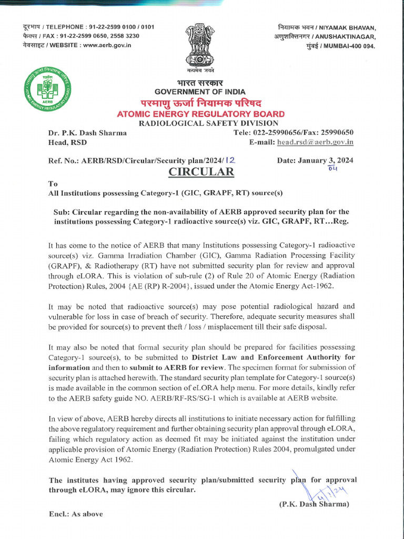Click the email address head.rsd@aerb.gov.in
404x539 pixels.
(315, 142)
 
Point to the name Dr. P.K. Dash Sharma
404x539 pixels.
(87, 133)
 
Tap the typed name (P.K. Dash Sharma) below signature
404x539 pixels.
(314, 504)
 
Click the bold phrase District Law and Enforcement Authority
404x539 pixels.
(273, 357)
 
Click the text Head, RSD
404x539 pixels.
(68, 142)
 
